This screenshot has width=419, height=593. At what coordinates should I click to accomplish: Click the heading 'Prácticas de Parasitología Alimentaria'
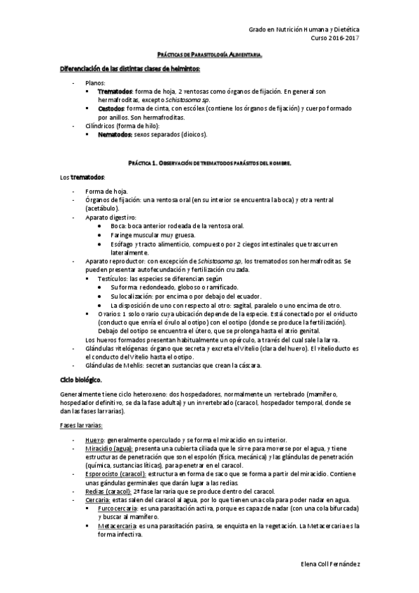(x=209, y=55)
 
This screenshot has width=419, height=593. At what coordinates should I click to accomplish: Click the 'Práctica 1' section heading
(x=209, y=162)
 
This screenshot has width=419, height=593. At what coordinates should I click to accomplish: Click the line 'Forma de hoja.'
(x=106, y=192)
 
